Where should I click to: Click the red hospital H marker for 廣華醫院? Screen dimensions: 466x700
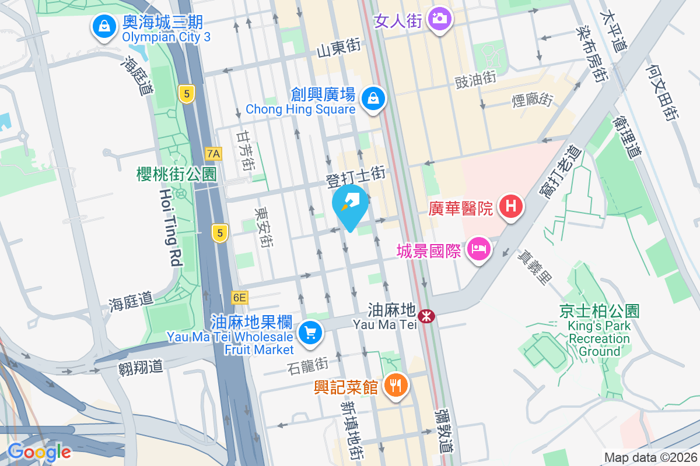(511, 206)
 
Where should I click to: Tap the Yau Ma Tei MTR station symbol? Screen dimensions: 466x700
(427, 316)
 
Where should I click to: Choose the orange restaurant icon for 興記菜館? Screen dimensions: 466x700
(397, 385)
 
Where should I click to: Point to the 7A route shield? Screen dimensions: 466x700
(214, 154)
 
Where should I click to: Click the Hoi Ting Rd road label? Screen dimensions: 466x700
(169, 227)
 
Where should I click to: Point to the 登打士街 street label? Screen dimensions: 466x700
(356, 174)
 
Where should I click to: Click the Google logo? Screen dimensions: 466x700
(39, 452)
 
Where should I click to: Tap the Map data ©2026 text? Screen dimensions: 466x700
(650, 457)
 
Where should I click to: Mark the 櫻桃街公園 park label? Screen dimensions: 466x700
(176, 174)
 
